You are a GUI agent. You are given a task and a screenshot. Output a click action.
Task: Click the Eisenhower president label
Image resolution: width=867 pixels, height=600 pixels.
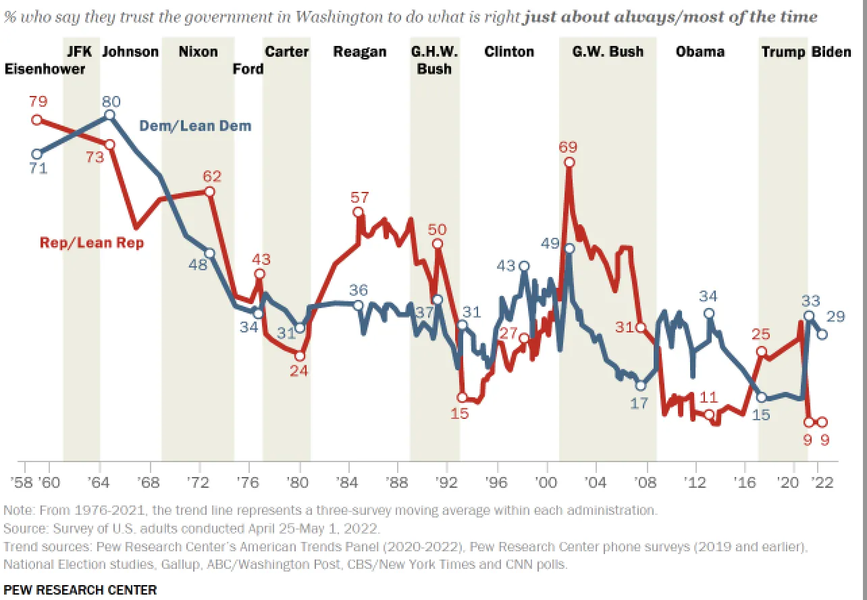click(46, 69)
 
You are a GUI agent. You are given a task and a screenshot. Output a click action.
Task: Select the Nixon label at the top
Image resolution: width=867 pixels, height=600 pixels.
click(199, 52)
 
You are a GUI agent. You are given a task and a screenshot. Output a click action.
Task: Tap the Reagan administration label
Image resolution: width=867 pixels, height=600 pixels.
click(360, 52)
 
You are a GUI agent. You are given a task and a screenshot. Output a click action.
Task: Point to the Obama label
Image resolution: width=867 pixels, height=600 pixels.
click(700, 52)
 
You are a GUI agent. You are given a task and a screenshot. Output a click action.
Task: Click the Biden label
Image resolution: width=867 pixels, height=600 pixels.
click(831, 52)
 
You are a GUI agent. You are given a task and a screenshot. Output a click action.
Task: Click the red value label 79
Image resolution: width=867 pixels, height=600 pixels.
click(38, 102)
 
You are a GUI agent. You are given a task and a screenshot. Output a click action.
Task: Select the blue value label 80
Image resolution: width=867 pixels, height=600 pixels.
click(111, 102)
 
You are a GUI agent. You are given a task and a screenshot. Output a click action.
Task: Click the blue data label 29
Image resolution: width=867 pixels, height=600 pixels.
click(836, 317)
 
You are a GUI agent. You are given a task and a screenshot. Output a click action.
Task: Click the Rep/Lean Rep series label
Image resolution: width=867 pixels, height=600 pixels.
click(92, 243)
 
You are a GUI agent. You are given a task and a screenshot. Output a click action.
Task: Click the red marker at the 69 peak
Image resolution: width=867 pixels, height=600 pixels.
click(570, 162)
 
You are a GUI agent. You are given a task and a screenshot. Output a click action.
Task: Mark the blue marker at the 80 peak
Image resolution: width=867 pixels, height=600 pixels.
click(110, 116)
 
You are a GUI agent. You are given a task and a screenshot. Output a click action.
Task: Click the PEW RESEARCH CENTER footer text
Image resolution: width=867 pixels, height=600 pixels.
click(80, 590)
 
